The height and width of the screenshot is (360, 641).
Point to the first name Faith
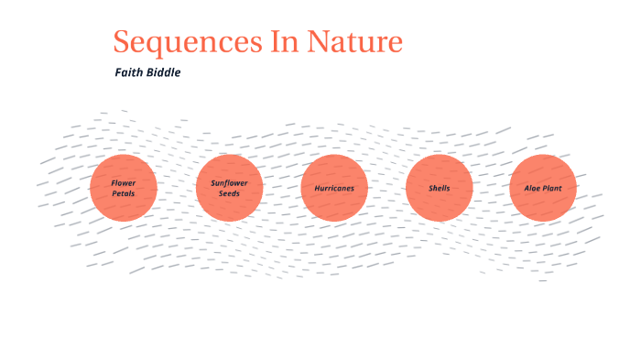pyautogui.click(x=130, y=72)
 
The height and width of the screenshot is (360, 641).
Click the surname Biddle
pyautogui.click(x=164, y=72)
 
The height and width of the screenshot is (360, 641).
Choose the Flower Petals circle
pyautogui.click(x=124, y=188)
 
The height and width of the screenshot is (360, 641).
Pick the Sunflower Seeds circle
pyautogui.click(x=229, y=188)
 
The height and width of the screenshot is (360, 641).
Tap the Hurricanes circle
pyautogui.click(x=334, y=188)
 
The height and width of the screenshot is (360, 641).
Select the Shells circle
pyautogui.click(x=440, y=188)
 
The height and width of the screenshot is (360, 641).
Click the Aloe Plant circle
pyautogui.click(x=544, y=188)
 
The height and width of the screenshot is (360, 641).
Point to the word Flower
pyautogui.click(x=124, y=182)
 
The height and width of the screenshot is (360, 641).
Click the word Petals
pyautogui.click(x=124, y=193)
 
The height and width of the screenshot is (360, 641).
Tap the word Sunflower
pyautogui.click(x=229, y=182)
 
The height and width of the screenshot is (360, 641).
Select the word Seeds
pyautogui.click(x=229, y=193)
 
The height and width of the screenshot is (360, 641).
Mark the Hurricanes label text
pyautogui.click(x=334, y=188)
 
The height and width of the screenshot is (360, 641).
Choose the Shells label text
pyautogui.click(x=440, y=188)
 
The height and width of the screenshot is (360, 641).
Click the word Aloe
pyautogui.click(x=533, y=188)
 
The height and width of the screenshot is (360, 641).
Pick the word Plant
pyautogui.click(x=552, y=188)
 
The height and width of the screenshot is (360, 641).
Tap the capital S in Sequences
pyautogui.click(x=123, y=42)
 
